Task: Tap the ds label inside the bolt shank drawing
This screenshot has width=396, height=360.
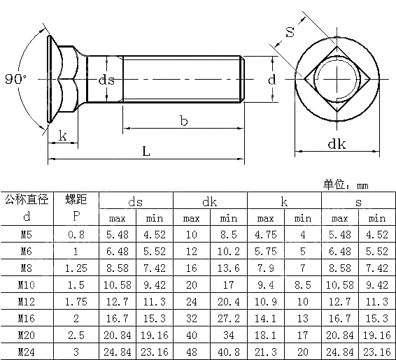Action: (107, 80)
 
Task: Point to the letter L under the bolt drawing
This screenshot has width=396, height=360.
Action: (145, 151)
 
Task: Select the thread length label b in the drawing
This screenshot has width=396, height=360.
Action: (183, 122)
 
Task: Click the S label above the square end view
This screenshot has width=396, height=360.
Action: (289, 31)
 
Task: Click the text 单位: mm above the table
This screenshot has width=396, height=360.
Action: (346, 185)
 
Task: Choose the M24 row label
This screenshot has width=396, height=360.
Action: (26, 351)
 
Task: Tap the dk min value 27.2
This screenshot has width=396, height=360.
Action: (228, 317)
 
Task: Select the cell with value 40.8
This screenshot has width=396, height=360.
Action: (228, 351)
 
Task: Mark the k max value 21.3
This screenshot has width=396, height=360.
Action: (265, 351)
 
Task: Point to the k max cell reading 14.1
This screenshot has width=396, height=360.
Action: (265, 317)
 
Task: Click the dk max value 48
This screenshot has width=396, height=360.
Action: (191, 351)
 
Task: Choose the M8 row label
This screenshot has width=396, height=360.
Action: (26, 268)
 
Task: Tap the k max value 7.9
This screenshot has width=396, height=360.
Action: (265, 268)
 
